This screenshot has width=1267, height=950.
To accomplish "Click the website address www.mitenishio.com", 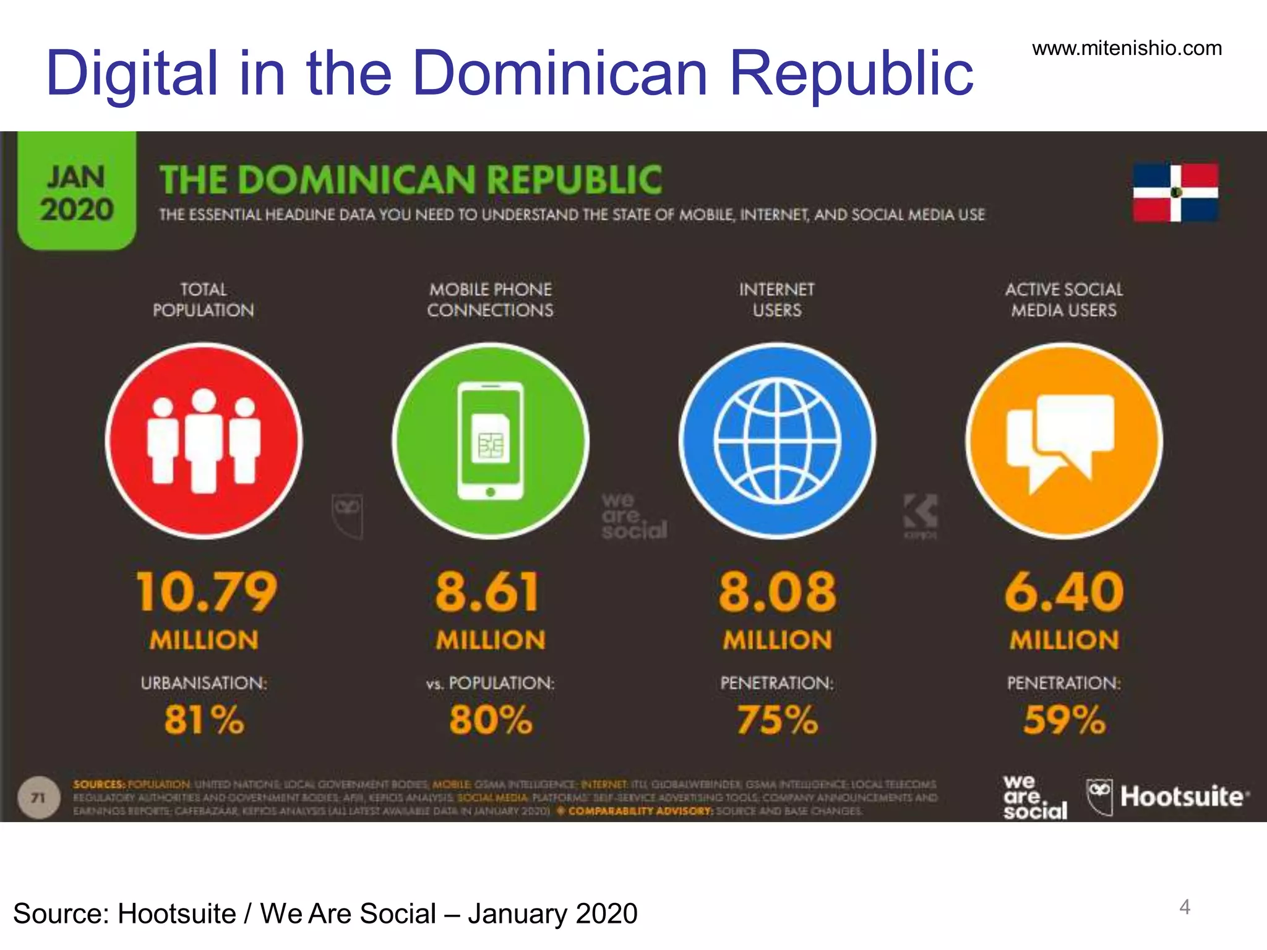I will [x=1127, y=48].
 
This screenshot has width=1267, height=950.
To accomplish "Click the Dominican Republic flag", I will [x=1175, y=192].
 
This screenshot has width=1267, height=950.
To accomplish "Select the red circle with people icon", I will [x=204, y=441].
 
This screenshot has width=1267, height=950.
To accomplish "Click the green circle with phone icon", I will [x=491, y=441].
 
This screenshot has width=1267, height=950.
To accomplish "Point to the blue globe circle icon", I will [x=777, y=441].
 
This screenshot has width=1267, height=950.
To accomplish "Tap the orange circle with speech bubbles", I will [x=1063, y=441].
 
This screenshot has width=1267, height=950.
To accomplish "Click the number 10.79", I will [x=206, y=592].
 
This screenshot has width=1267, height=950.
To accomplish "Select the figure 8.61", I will [x=488, y=592].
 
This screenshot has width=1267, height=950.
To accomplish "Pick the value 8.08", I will [x=777, y=592].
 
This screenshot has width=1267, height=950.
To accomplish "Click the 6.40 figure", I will [x=1064, y=592].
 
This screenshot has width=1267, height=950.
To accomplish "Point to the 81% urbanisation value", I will [x=204, y=720].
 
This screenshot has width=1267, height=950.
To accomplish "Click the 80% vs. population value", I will [x=491, y=720].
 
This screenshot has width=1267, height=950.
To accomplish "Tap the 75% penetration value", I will [x=777, y=720].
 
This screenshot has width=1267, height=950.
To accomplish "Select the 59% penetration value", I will [x=1064, y=720].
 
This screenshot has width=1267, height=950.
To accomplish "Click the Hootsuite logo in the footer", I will [x=1168, y=797].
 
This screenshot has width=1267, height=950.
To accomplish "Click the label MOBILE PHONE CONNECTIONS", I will [x=490, y=299].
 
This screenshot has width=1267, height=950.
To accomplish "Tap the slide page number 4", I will [x=1184, y=907].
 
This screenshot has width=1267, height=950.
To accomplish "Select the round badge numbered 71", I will [x=39, y=798].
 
